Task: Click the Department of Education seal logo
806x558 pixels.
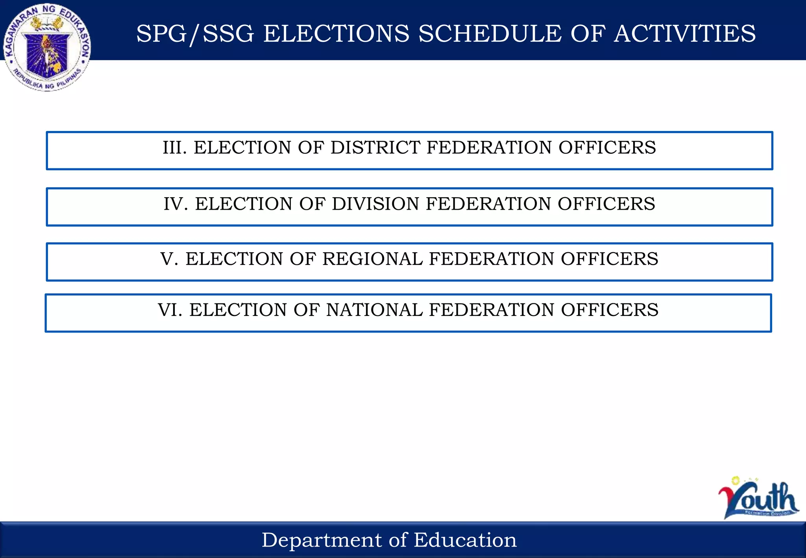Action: (47, 47)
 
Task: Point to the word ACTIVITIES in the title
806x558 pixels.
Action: (684, 33)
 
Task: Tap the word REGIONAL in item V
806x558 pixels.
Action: (372, 259)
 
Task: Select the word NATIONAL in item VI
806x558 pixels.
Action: (374, 310)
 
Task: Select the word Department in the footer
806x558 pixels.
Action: (322, 540)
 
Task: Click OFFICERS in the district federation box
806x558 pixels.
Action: (607, 148)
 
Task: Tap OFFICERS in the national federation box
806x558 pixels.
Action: (610, 310)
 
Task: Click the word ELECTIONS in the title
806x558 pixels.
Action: (336, 33)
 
